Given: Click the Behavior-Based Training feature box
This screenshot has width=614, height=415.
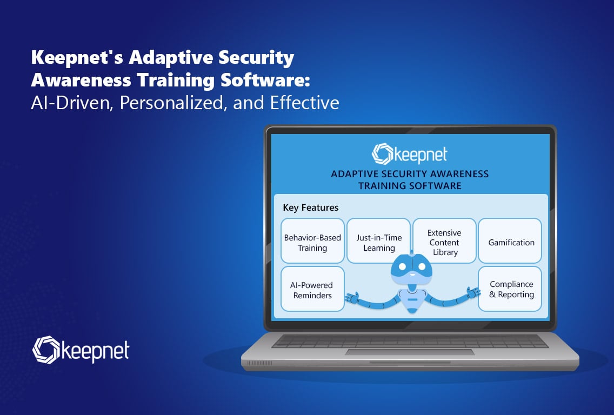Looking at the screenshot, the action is pyautogui.click(x=312, y=241).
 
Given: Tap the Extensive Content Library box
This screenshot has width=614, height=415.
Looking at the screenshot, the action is pyautogui.click(x=444, y=241).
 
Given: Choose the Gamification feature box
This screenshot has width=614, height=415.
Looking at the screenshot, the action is pyautogui.click(x=510, y=241).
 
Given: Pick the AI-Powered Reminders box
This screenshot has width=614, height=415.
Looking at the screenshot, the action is pyautogui.click(x=312, y=289).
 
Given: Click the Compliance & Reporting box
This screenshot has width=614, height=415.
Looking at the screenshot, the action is pyautogui.click(x=510, y=289).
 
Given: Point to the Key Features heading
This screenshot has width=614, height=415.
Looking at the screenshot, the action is pyautogui.click(x=311, y=207).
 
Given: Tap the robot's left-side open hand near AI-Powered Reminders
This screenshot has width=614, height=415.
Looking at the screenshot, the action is pyautogui.click(x=352, y=298).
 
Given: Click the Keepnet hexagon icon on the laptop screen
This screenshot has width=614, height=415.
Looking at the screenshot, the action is pyautogui.click(x=382, y=153).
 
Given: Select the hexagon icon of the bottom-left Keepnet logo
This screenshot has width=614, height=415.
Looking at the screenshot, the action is pyautogui.click(x=46, y=350).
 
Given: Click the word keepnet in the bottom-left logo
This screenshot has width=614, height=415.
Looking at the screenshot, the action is pyautogui.click(x=95, y=351).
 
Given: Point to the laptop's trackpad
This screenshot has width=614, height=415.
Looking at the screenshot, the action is pyautogui.click(x=410, y=352).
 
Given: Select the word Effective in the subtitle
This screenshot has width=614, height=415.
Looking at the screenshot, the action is pyautogui.click(x=305, y=103).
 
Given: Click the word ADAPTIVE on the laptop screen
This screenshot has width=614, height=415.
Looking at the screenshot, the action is pyautogui.click(x=353, y=174).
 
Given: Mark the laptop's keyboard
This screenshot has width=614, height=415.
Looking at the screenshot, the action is pyautogui.click(x=410, y=341).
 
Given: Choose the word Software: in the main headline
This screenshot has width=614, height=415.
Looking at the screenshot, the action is pyautogui.click(x=265, y=81).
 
